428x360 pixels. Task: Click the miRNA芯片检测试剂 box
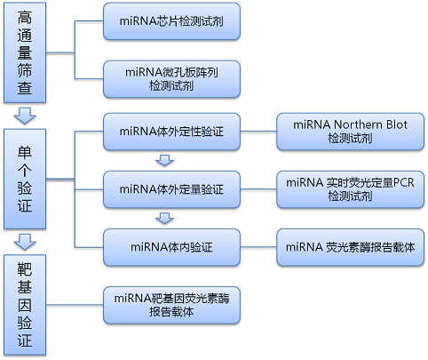(171, 21)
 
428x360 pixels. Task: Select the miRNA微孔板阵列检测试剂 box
(171, 79)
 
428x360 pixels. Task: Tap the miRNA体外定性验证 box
(171, 132)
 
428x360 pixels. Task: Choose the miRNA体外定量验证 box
(171, 189)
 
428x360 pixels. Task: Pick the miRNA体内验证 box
(171, 247)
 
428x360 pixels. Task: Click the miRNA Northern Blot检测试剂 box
(350, 132)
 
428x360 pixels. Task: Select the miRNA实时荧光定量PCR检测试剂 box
(350, 189)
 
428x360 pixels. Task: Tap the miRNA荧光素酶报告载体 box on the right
(350, 247)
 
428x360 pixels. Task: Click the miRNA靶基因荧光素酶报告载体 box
(171, 305)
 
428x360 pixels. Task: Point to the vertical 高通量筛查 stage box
(25, 52)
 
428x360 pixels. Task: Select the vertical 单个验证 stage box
(25, 179)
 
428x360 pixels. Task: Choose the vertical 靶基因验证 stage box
(25, 305)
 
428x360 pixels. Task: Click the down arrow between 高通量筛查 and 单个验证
(25, 116)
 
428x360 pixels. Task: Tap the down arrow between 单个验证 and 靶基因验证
(25, 242)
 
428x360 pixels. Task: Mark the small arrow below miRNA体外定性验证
(165, 160)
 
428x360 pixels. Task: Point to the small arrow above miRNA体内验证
(165, 218)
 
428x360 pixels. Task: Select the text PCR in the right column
(404, 182)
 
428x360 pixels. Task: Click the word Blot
(397, 124)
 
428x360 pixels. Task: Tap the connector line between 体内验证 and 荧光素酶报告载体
(258, 247)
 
